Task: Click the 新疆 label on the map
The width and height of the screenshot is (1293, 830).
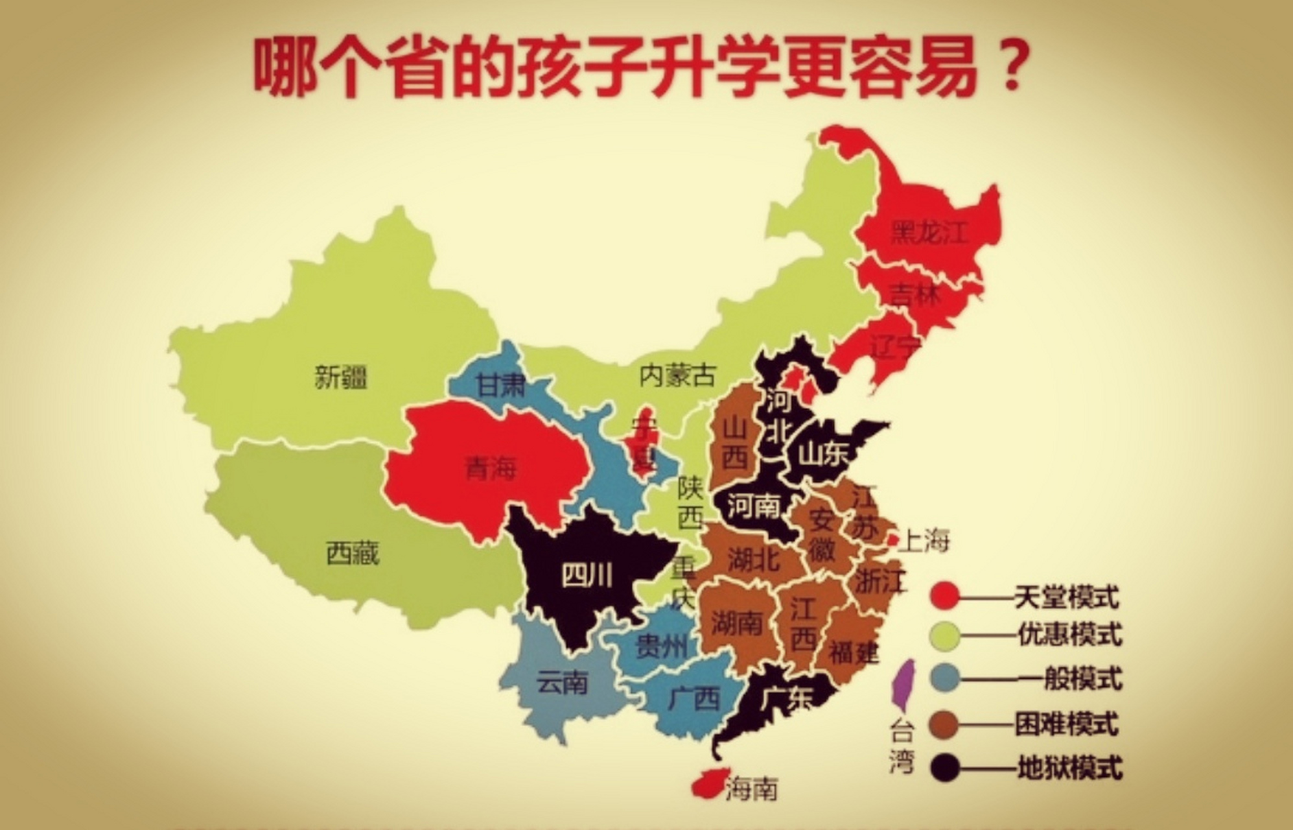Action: point(341,377)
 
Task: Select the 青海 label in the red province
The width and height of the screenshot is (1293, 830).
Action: point(491,468)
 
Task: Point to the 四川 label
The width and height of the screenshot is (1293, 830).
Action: point(586,575)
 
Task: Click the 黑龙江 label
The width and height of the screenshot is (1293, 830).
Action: point(929,232)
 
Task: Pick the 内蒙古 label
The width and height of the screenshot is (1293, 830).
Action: point(678,375)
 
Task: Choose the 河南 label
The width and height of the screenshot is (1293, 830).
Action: point(753,505)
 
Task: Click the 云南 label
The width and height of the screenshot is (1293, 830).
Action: point(563,682)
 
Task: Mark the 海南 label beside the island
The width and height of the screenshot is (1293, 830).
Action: point(751,788)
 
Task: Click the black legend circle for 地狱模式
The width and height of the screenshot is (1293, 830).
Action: point(944,768)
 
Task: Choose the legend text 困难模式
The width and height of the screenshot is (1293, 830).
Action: point(1067,723)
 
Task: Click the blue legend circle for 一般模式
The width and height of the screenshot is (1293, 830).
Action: point(944,679)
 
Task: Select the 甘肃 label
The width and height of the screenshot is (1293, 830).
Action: point(500,385)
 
